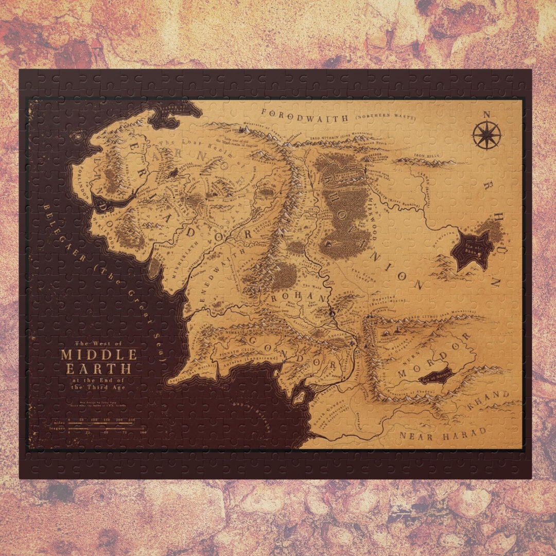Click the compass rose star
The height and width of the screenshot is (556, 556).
(486, 135)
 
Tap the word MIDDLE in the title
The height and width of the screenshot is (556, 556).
(99, 355)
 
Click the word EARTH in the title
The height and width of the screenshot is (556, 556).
(98, 369)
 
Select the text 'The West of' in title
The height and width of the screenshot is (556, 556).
(99, 343)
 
